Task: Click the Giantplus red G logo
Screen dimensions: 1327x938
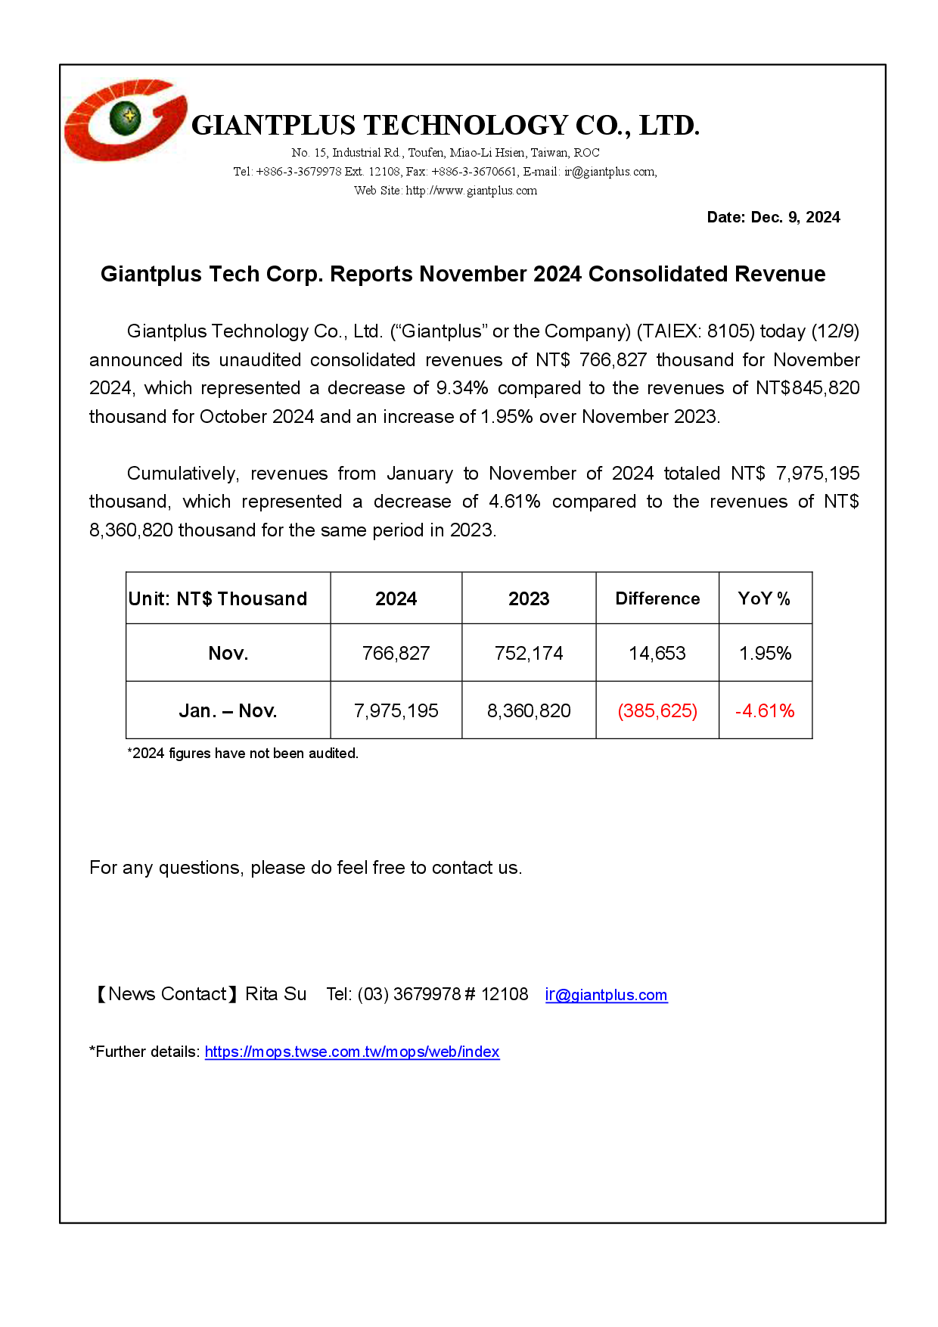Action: coord(125,120)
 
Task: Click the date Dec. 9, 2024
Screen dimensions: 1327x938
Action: coord(773,217)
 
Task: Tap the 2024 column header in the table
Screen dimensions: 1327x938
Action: coord(396,598)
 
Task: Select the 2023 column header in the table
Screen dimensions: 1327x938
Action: coord(529,598)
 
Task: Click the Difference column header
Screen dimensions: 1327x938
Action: coord(657,598)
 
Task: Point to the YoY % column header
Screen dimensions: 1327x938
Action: coord(764,598)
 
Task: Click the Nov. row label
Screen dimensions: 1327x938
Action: coord(228,653)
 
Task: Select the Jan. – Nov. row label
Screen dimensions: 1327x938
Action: coord(228,710)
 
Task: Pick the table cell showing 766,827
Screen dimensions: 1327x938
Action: coord(396,653)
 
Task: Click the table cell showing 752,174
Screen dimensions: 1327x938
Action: coord(529,653)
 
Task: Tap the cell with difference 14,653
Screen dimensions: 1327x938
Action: coord(657,653)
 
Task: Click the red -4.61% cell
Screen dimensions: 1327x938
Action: coord(765,710)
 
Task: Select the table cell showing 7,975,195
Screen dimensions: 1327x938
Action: coord(396,710)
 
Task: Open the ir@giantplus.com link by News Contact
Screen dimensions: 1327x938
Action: coord(606,995)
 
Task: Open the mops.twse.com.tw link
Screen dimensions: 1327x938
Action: coord(352,1052)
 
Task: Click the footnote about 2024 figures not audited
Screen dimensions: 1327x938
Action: coord(243,754)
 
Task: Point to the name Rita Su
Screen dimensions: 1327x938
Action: coord(276,994)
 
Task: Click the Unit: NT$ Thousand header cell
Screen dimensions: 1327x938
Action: coord(218,598)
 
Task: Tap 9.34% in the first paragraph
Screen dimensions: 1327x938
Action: coord(462,388)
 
